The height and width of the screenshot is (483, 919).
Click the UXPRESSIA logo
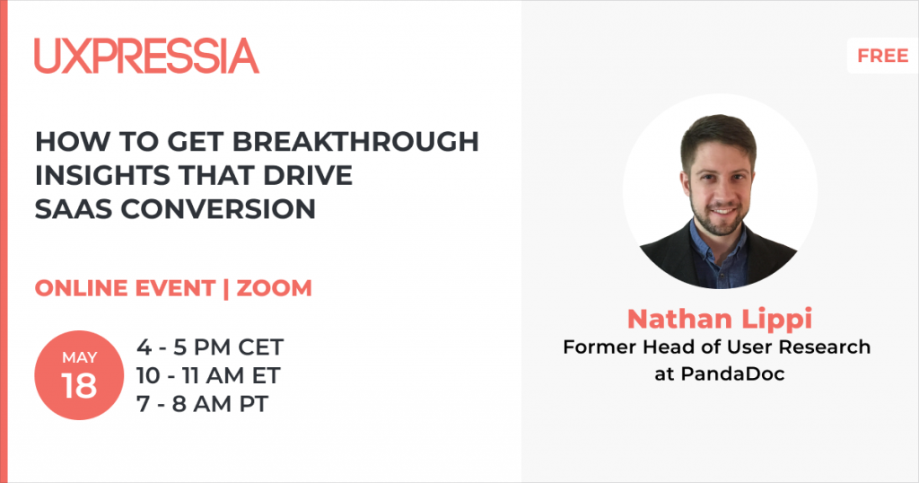146,56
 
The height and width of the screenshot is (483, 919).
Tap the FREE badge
883,56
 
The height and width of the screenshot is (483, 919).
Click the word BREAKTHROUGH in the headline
355,141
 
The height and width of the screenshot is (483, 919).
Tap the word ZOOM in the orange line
275,288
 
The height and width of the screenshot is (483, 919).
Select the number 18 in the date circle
79,386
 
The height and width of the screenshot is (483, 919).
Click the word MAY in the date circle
80,357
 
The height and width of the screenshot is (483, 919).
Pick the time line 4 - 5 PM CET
210,347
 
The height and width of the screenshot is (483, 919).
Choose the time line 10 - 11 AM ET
208,376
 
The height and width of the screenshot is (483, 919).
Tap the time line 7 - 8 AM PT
202,404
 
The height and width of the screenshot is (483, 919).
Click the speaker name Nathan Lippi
720,319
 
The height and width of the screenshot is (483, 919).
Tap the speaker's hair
718,133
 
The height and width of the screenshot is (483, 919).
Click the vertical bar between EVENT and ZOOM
226,288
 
